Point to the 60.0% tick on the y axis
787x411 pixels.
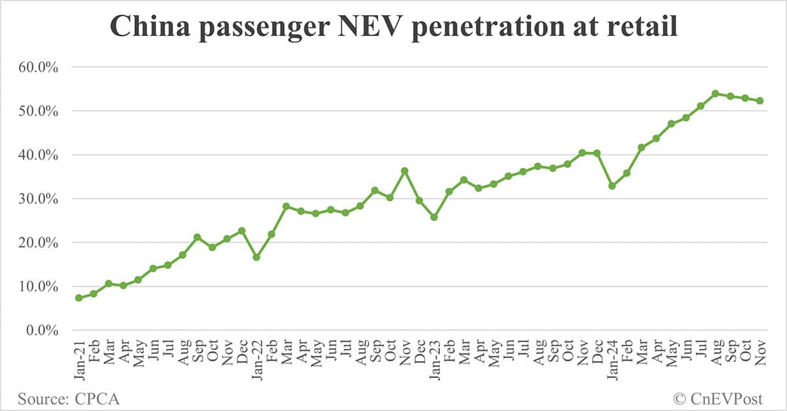click(40, 68)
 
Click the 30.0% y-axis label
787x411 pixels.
click(40, 199)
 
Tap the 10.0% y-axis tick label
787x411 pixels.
click(40, 286)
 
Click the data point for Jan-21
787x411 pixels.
click(79, 298)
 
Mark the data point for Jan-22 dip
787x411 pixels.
click(256, 257)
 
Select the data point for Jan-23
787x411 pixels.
click(434, 217)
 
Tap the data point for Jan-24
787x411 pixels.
click(612, 186)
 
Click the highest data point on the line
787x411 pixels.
click(715, 94)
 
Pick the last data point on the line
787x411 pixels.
click(759, 101)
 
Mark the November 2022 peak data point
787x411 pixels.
click(405, 171)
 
